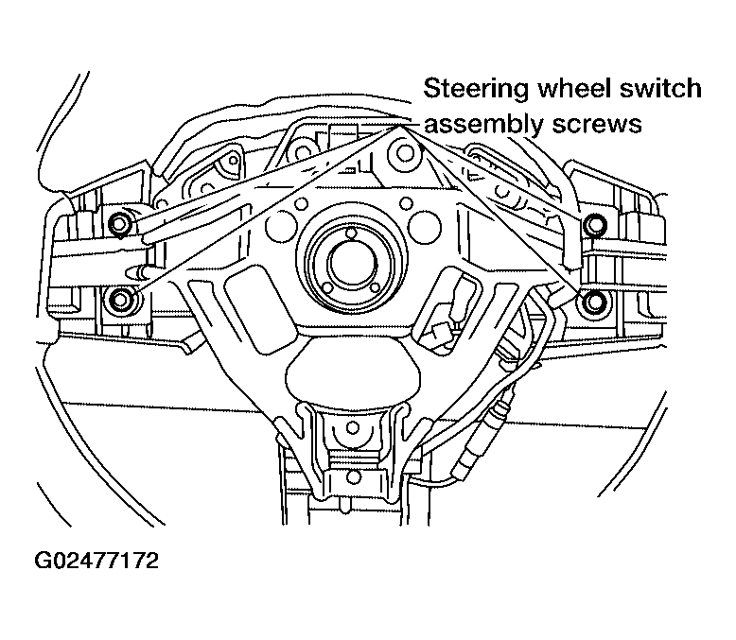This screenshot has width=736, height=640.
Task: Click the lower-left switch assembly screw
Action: click(120, 300)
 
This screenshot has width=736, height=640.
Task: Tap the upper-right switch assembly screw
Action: click(595, 224)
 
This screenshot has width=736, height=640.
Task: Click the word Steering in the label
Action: click(476, 90)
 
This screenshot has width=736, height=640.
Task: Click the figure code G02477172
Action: click(96, 561)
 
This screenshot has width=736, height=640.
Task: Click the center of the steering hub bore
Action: click(352, 262)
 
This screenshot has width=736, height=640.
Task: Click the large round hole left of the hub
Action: click(282, 226)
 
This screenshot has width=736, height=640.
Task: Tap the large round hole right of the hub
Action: click(425, 227)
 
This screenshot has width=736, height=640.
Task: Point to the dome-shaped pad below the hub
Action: click(352, 370)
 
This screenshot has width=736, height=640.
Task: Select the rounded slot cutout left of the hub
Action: click(250, 309)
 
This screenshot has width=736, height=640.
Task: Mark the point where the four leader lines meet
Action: click(399, 126)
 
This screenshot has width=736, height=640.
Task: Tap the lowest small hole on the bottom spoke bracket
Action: click(353, 477)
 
